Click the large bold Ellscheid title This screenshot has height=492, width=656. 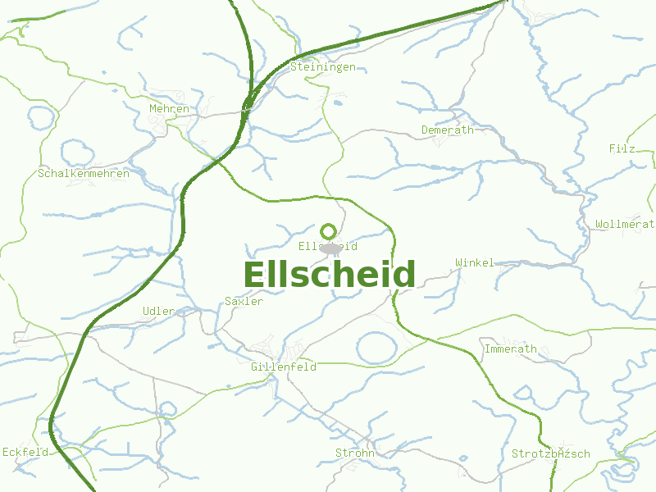coord(330,275)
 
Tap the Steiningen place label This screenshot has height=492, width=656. coord(323,66)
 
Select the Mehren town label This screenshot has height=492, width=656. coord(169,108)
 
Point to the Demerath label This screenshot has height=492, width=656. coord(447,130)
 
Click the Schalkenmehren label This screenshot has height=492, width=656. coord(83,174)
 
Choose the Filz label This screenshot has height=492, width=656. coord(622,148)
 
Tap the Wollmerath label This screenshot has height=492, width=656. coord(625,224)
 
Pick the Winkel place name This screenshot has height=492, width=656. coord(475,262)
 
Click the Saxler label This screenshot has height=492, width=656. coord(244,301)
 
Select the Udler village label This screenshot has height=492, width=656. coord(158,311)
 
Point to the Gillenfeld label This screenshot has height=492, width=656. coord(284,367)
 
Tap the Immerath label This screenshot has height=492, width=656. coord(511,348)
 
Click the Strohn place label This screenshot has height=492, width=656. coord(355,453)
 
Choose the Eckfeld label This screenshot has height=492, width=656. coord(26,452)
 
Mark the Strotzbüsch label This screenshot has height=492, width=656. coord(550,453)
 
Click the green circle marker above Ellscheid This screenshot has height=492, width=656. coord(329,231)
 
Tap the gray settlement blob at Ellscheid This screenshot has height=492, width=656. coord(330,248)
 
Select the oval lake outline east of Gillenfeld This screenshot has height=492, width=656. coord(377,348)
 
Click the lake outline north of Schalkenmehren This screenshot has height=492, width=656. coord(76,153)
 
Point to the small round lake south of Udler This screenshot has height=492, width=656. coord(168,408)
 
